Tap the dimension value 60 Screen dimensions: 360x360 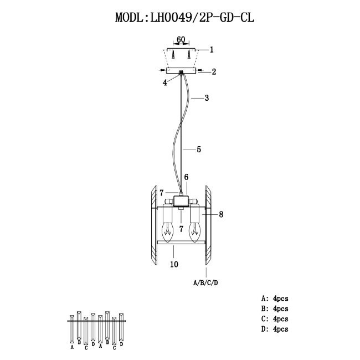(181, 40)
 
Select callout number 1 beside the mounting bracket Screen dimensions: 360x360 (212, 49)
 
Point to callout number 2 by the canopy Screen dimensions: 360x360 (213, 71)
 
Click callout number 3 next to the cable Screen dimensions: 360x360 (206, 99)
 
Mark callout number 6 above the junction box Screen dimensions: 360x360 (187, 177)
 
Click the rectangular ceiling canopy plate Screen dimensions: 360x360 (181, 71)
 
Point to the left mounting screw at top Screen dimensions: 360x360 (173, 55)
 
